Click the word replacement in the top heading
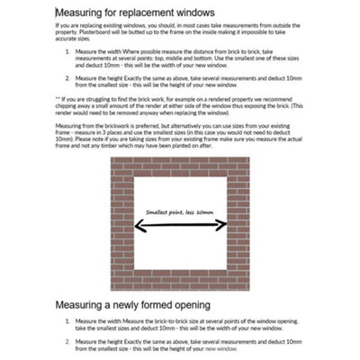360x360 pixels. tap(161, 14)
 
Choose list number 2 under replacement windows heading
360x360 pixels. tap(69, 78)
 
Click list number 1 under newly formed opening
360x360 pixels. tap(69, 319)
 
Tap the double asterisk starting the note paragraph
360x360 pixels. tap(58, 99)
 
